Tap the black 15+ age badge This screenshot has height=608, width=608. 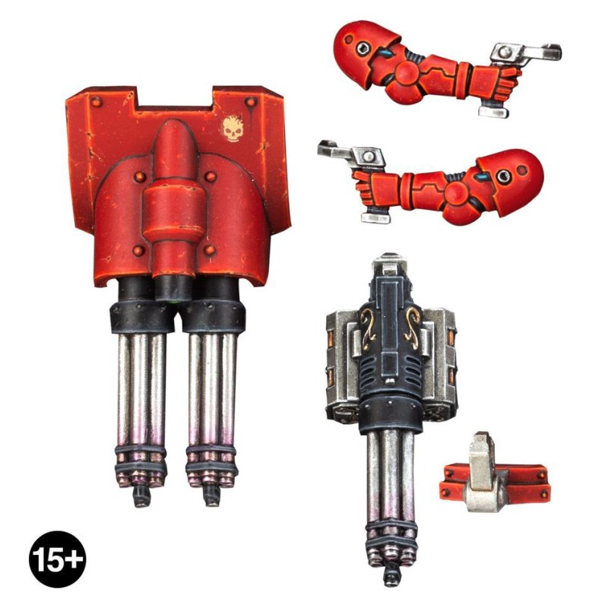[58, 559]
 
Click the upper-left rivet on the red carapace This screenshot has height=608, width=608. [97, 103]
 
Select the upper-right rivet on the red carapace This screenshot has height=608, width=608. [251, 103]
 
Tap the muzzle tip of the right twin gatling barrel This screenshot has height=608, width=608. [212, 497]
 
